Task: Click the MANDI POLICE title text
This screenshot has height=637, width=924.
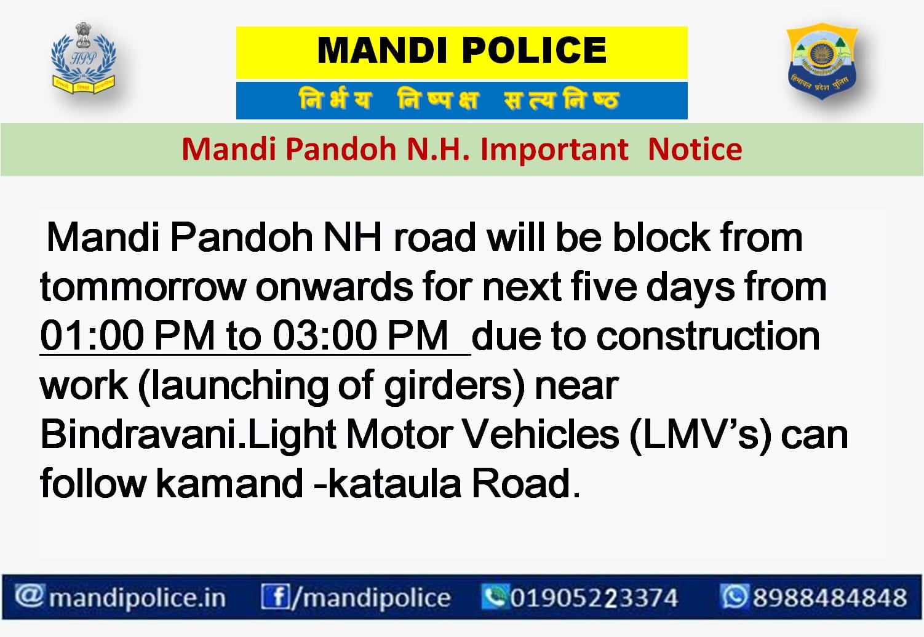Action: pyautogui.click(x=461, y=50)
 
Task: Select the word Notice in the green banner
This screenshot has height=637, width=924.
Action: pyautogui.click(x=695, y=150)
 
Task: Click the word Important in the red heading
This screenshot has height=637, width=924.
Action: pyautogui.click(x=554, y=150)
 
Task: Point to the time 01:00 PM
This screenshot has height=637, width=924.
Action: pyautogui.click(x=127, y=337)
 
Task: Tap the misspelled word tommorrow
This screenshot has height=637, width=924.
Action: pyautogui.click(x=142, y=287)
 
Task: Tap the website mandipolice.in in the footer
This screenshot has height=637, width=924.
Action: pyautogui.click(x=137, y=598)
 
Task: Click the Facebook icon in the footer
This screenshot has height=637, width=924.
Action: pyautogui.click(x=275, y=597)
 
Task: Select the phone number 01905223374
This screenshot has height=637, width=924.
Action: pyautogui.click(x=593, y=598)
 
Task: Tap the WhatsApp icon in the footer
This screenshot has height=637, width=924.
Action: pyautogui.click(x=734, y=596)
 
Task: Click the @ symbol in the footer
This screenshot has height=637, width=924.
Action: pyautogui.click(x=28, y=596)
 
